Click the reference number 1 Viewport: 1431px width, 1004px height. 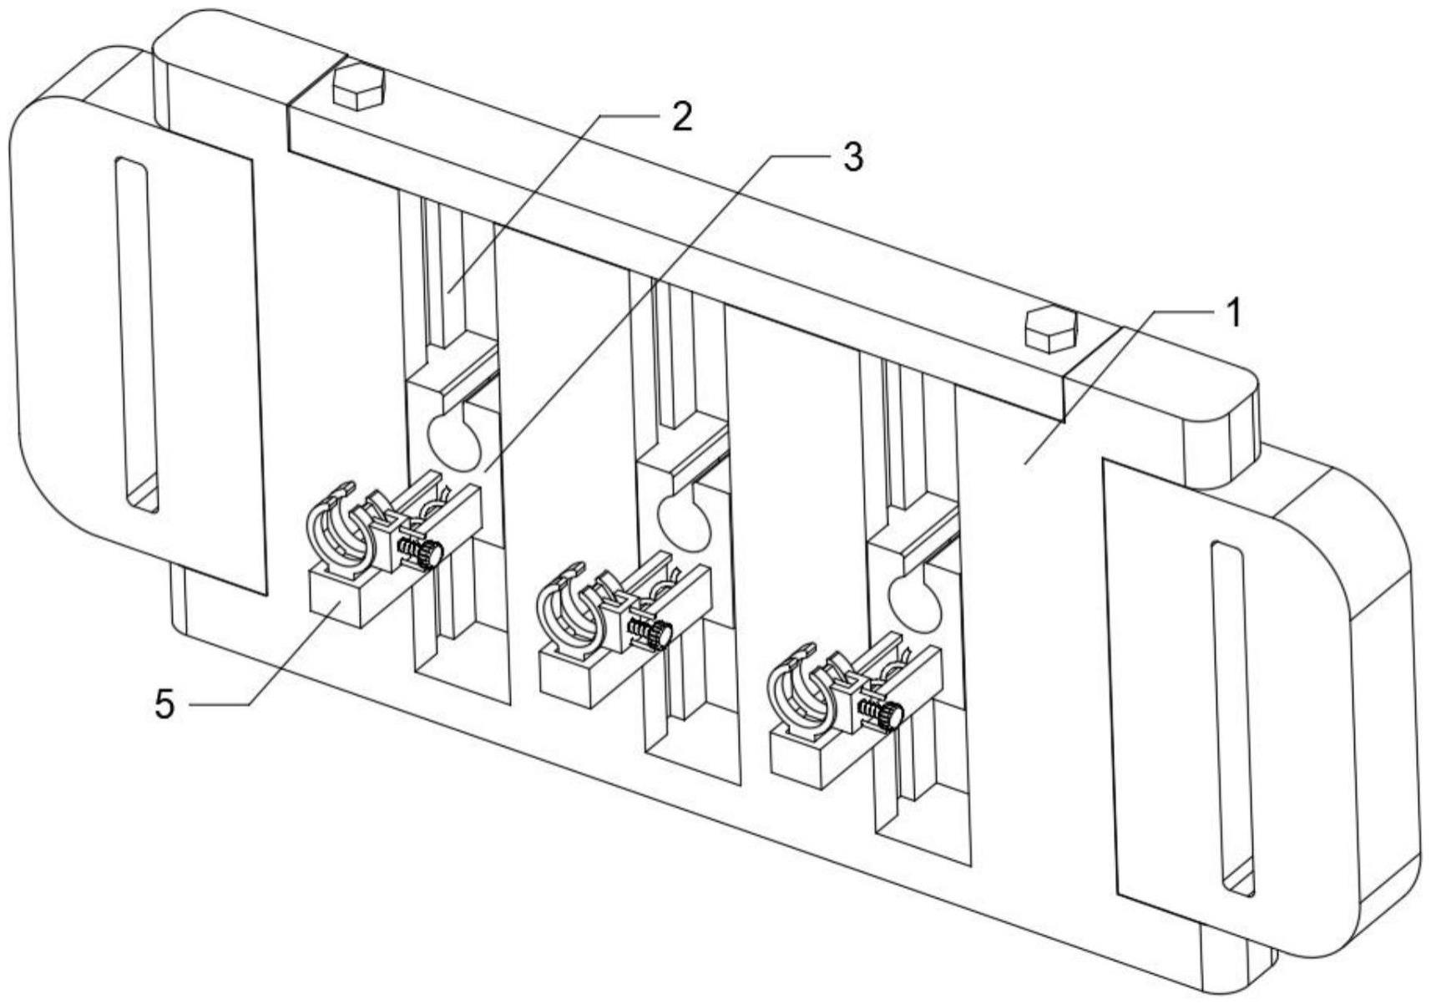pyautogui.click(x=1235, y=313)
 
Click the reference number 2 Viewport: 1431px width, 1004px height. pyautogui.click(x=681, y=116)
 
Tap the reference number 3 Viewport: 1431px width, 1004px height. pyautogui.click(x=853, y=156)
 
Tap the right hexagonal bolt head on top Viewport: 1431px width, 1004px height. pyautogui.click(x=1050, y=330)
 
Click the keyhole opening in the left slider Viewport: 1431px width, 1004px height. pyautogui.click(x=454, y=441)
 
